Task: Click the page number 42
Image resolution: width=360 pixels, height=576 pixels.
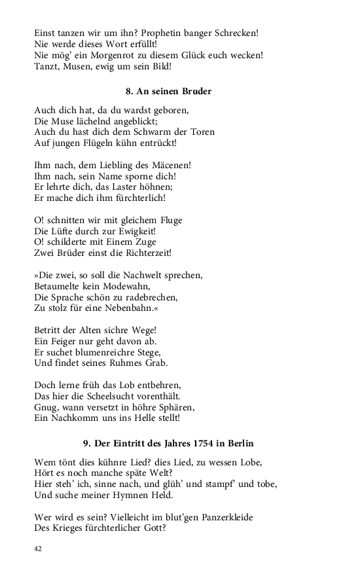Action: click(x=38, y=549)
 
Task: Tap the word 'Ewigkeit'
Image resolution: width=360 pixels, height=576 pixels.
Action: click(x=134, y=231)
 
